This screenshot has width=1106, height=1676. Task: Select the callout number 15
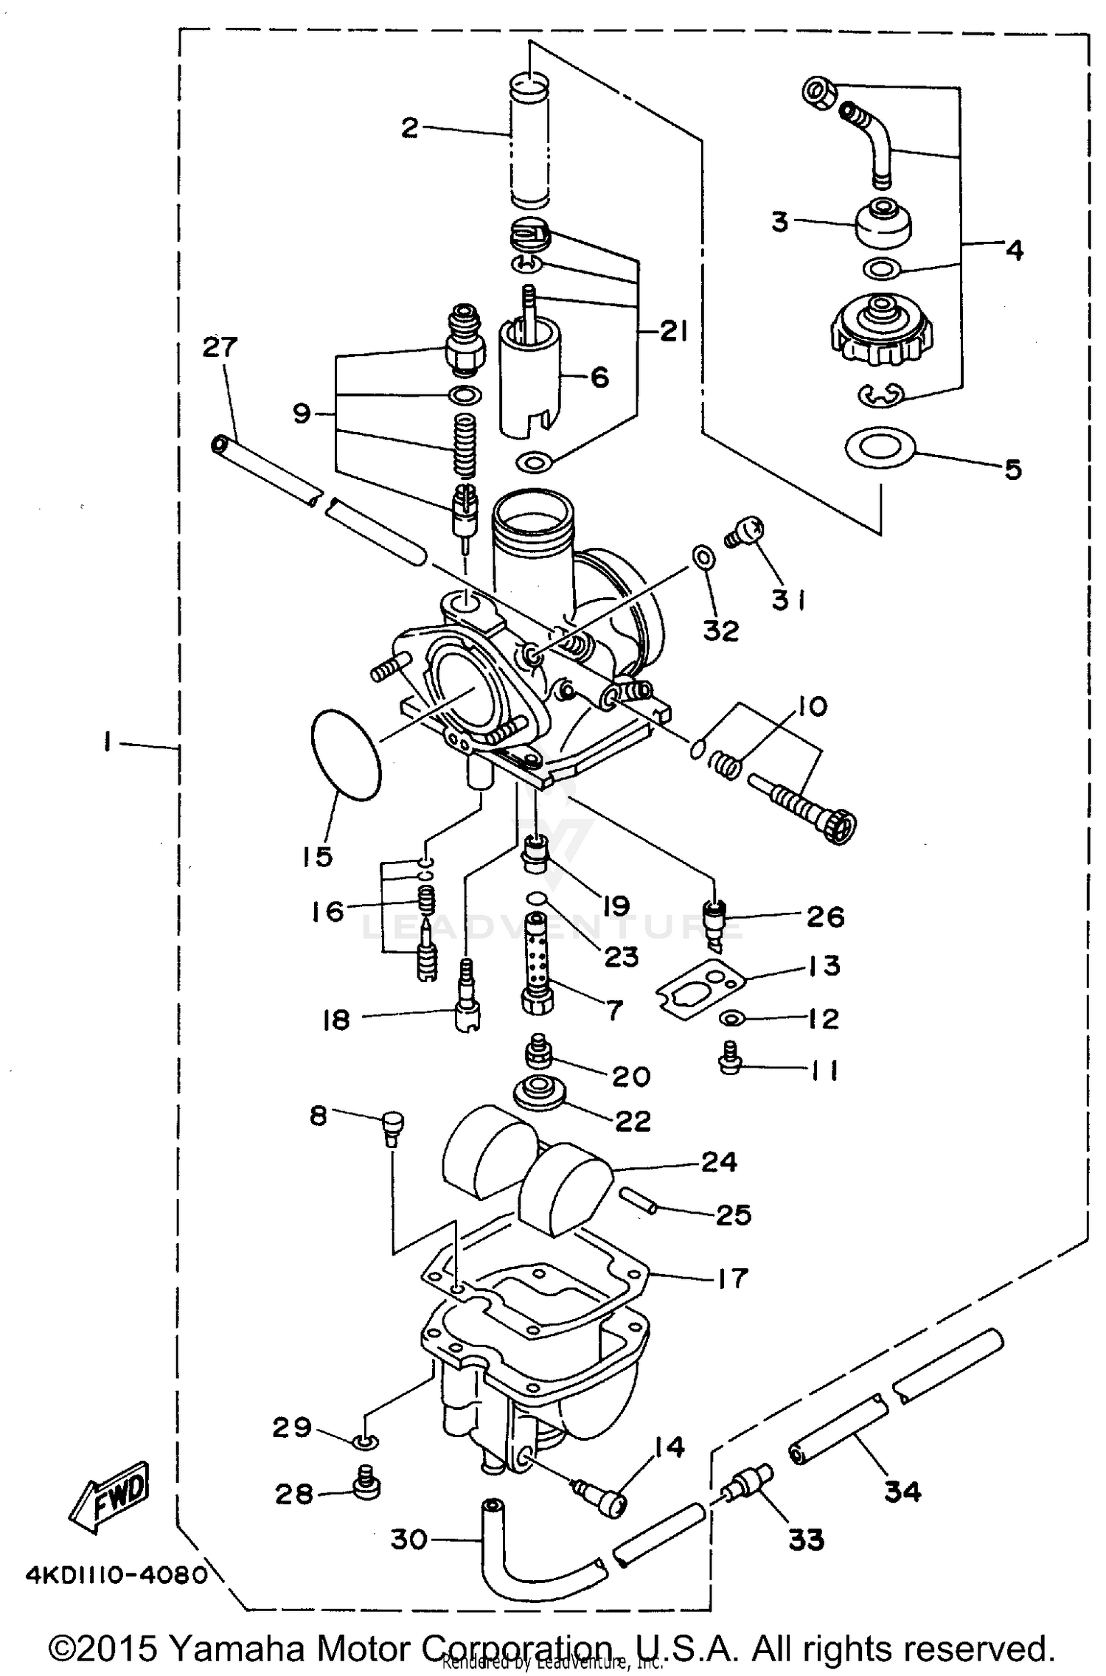pyautogui.click(x=316, y=856)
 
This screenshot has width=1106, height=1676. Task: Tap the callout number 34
pyautogui.click(x=902, y=1492)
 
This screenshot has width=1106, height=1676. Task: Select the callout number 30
pyautogui.click(x=408, y=1539)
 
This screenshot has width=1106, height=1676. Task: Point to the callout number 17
pyautogui.click(x=731, y=1277)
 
